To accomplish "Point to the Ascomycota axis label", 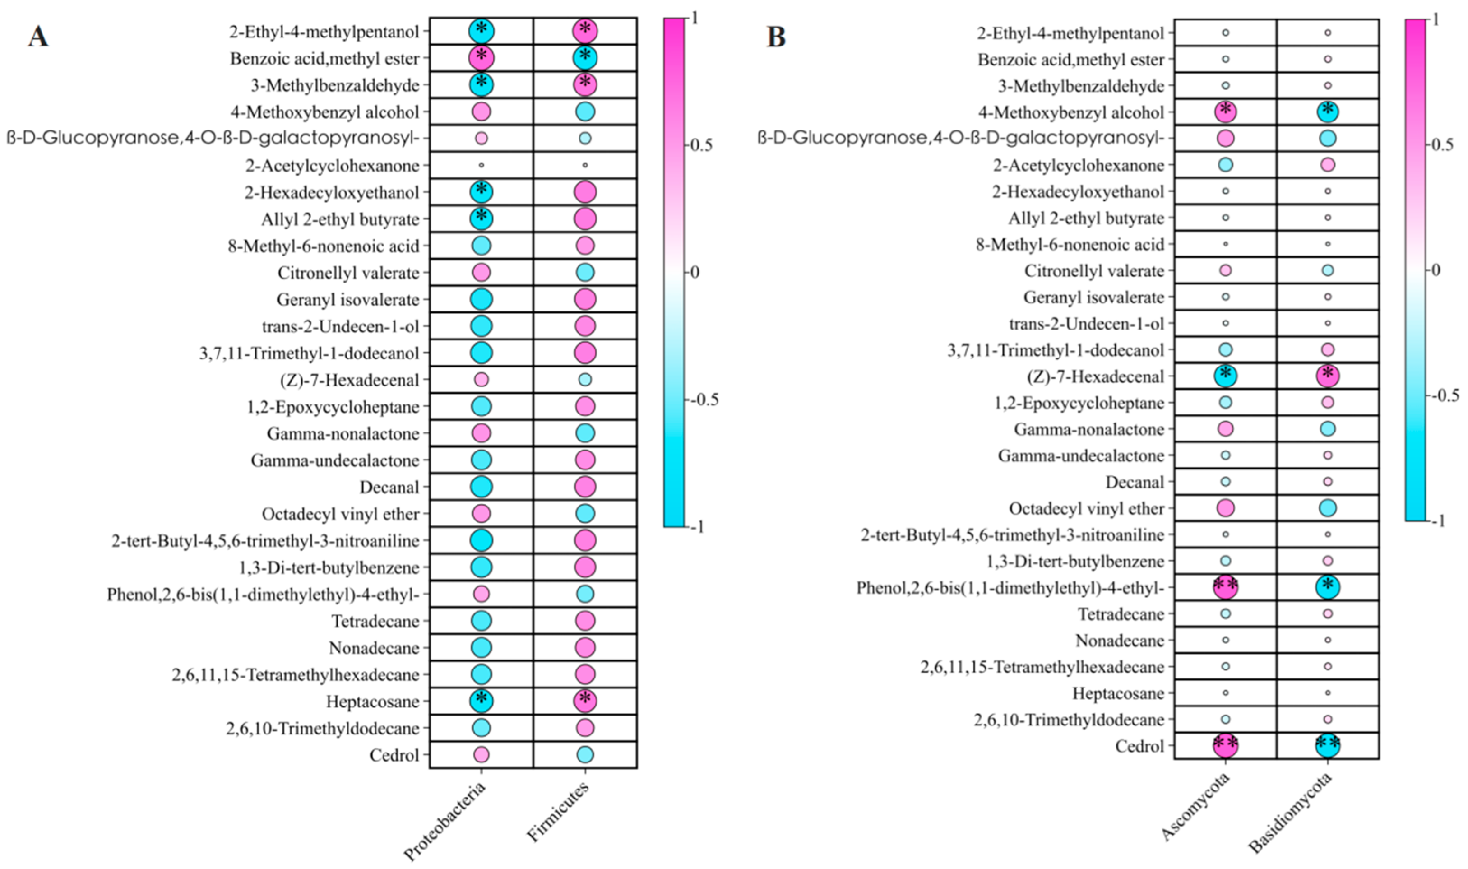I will tap(1196, 806).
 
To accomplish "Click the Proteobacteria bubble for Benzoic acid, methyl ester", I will tap(481, 58).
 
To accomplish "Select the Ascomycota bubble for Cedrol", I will tap(1225, 745).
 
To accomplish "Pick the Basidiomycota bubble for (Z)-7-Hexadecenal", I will tap(1328, 376).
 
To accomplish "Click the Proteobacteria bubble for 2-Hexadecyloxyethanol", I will tap(481, 191).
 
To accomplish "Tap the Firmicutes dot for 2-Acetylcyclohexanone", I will tap(585, 165).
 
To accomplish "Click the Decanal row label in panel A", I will tap(389, 487).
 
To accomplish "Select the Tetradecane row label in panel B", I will tap(1121, 614).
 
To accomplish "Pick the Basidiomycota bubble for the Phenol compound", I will tap(1328, 587).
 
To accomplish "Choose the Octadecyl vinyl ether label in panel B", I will tap(1086, 509).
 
